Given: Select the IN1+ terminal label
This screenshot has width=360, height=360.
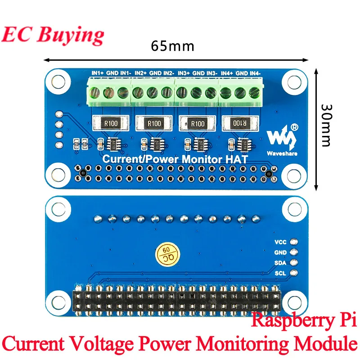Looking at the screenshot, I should coord(98,73).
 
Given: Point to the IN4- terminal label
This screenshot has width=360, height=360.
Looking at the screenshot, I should coord(255,73).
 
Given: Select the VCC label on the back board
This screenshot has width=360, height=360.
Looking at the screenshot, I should coord(280,242).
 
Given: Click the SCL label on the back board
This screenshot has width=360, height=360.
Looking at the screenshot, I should coord(280,273).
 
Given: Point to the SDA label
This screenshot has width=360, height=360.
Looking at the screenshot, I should coord(280,263).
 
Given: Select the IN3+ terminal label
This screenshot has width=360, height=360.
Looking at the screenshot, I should coord(184,73).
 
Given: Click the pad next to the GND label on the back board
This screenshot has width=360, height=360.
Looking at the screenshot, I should coord(294,252).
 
